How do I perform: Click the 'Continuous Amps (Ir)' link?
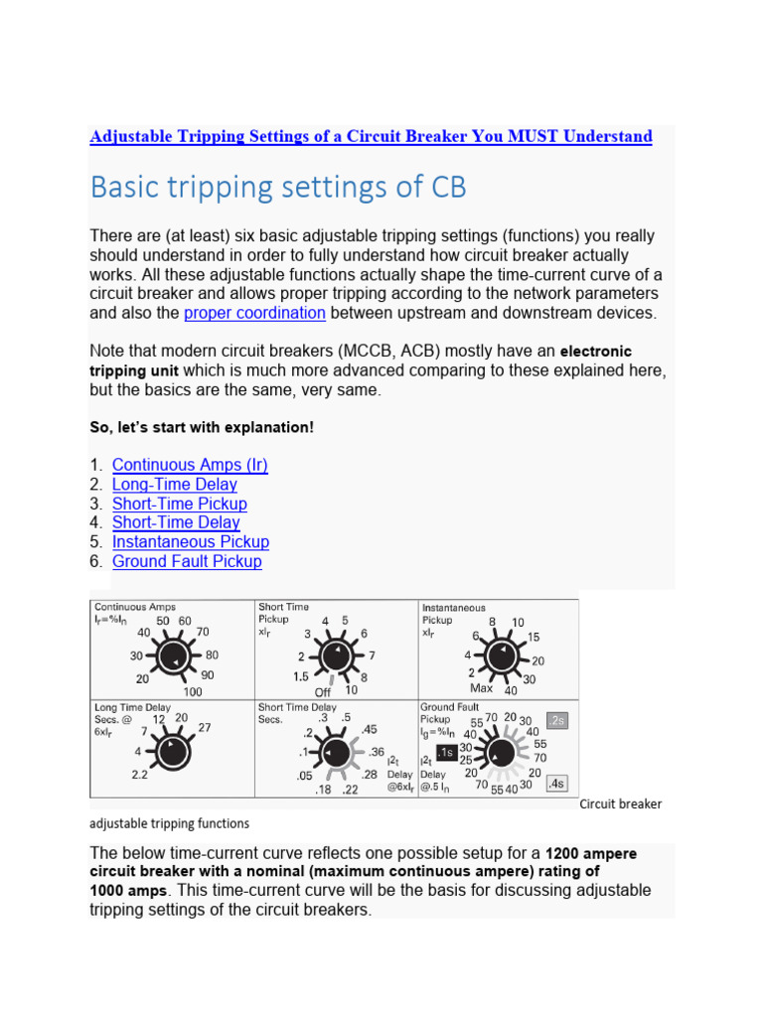pos(190,465)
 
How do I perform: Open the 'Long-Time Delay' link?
pos(175,485)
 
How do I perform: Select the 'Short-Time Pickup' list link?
pos(180,504)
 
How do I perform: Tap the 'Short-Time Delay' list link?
pos(176,522)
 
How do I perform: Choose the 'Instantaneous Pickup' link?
pos(191,542)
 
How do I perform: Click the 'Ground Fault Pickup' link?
pos(187,561)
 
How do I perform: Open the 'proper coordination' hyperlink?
pos(254,313)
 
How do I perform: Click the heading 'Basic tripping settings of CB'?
pos(278,187)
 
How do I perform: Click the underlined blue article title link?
pos(371,136)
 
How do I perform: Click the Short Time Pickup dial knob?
pos(335,655)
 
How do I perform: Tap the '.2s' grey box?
pos(557,720)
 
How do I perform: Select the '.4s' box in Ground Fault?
pos(557,783)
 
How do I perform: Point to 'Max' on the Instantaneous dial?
pos(481,688)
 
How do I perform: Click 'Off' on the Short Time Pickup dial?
pos(322,692)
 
